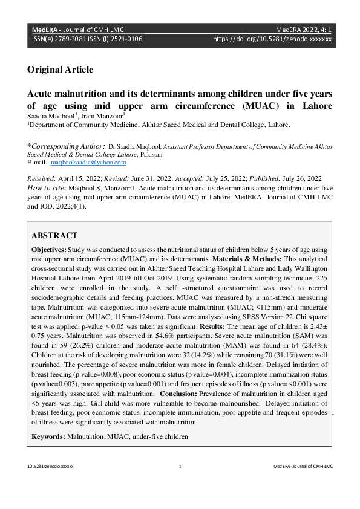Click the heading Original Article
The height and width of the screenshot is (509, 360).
click(60, 70)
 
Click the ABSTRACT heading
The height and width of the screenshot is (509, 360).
click(54, 236)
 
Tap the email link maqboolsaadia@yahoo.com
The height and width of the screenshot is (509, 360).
click(88, 163)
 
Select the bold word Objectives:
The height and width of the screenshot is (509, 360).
click(50, 250)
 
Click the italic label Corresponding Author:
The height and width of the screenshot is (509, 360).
click(67, 146)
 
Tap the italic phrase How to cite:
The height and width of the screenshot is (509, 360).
click(48, 188)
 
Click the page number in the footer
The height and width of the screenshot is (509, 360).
click(180, 467)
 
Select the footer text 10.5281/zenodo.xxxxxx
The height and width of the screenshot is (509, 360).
click(50, 467)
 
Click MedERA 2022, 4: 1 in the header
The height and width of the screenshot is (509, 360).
click(303, 28)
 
